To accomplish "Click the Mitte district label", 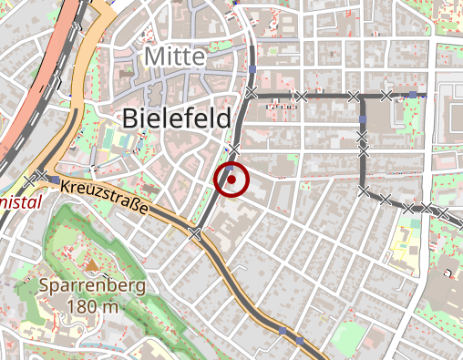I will (174, 57).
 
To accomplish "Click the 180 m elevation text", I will (91, 307).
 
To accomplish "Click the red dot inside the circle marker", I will (232, 180).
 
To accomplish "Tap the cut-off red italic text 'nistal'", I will (21, 201).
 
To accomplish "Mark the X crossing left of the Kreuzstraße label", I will (41, 175).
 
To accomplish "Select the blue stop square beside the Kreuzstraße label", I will (56, 181).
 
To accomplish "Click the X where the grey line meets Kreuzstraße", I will (196, 234).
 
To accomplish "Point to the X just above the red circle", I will (234, 149).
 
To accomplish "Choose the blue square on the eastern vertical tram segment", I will (363, 120).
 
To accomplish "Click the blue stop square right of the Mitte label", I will (252, 68).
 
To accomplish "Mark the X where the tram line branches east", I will (253, 95).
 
